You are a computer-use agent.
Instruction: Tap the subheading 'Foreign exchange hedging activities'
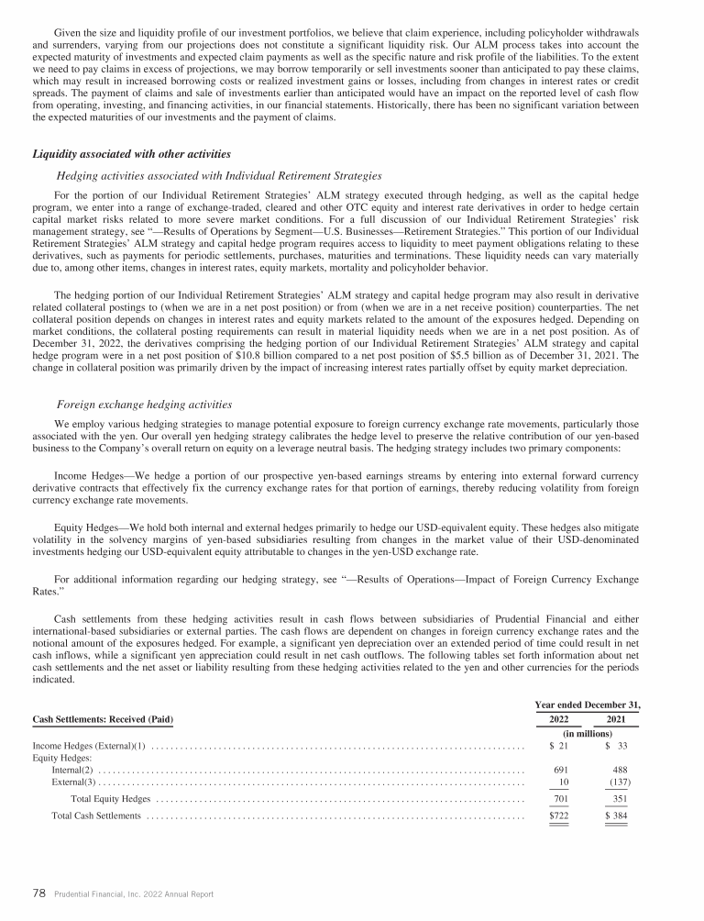144,404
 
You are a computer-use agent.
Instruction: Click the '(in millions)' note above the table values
586,734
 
